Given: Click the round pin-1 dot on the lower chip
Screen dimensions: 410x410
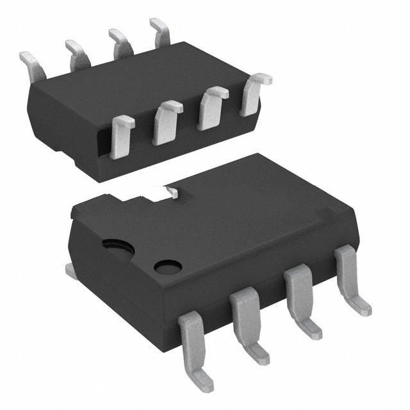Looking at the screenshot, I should click(x=168, y=266).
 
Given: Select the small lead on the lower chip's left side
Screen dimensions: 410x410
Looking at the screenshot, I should click(x=71, y=272).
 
